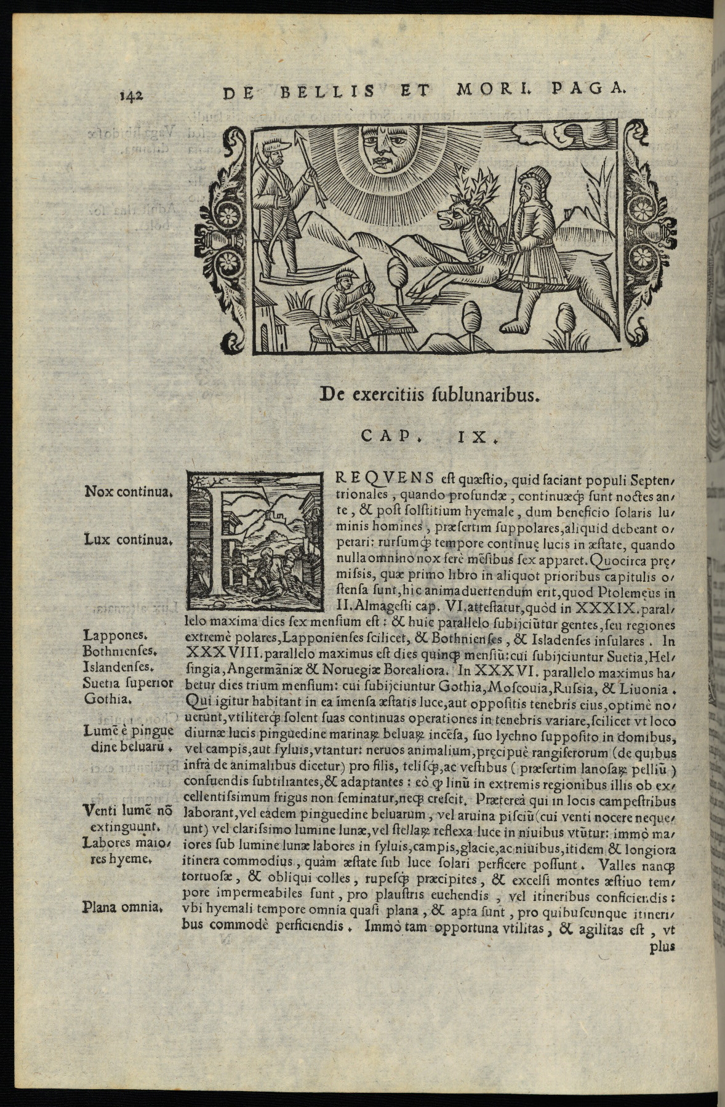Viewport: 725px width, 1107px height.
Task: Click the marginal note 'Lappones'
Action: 113,635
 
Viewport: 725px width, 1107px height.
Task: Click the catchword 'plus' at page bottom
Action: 662,946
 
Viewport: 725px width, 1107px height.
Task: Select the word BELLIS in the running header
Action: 327,92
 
